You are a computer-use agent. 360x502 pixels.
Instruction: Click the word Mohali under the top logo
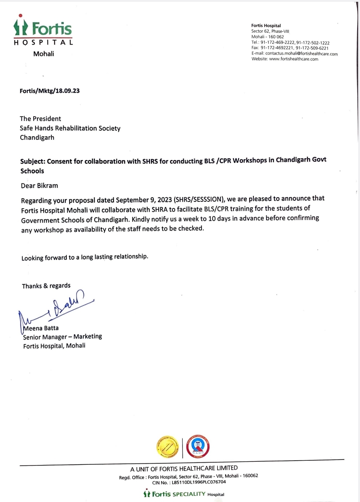click(44, 54)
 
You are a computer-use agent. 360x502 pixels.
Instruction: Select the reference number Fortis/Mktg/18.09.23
click(50, 91)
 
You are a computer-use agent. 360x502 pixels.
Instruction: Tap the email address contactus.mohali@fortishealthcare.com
click(301, 54)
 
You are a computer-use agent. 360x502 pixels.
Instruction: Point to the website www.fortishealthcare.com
click(293, 59)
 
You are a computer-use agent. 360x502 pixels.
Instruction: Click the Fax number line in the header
click(290, 48)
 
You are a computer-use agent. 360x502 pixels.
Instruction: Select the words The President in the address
click(40, 119)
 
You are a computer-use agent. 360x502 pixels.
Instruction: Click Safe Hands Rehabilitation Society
click(70, 128)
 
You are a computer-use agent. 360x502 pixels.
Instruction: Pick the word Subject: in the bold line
click(33, 162)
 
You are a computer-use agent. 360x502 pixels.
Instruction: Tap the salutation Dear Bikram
click(40, 186)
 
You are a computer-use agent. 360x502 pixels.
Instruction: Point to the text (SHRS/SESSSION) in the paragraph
click(198, 199)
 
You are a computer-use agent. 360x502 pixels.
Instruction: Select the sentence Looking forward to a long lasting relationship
click(85, 257)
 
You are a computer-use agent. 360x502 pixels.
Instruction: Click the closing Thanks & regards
click(46, 286)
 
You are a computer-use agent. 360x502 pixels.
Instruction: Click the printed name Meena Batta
click(41, 328)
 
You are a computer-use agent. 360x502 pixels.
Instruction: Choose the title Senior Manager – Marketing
click(62, 337)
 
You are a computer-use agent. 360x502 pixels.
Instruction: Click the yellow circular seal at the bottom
click(167, 447)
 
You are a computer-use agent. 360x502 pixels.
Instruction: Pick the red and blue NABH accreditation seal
click(198, 447)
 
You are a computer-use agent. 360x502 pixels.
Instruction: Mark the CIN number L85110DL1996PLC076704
click(199, 482)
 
